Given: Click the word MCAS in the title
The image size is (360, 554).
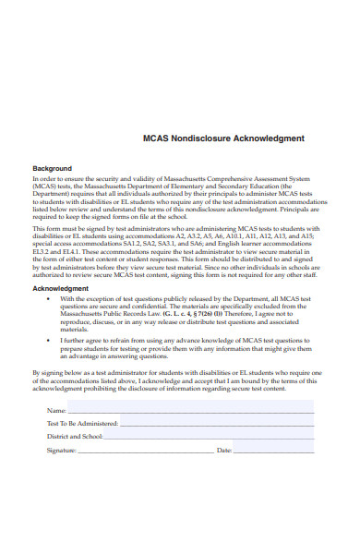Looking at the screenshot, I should point(157,138).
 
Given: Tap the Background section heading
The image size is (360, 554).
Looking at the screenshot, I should point(53,169).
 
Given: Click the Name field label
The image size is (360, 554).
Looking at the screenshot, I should point(56,409).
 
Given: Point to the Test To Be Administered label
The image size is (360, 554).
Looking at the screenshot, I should point(82,422).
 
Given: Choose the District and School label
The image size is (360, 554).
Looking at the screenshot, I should point(75,436).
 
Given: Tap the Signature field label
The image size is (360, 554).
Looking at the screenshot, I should point(62,450).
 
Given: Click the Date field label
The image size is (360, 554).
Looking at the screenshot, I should point(223,450).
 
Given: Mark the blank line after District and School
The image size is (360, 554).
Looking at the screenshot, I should point(208,438).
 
